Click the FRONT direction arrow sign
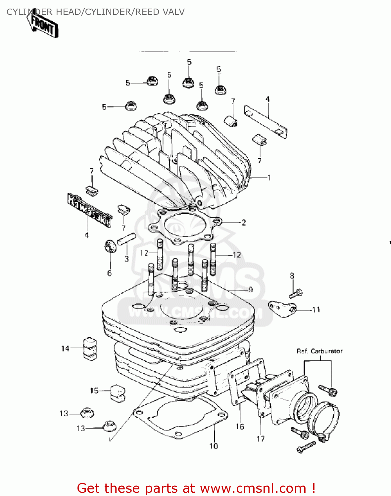[43, 25]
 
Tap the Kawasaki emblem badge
[89, 210]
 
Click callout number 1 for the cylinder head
[269, 178]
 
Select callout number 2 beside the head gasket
[244, 223]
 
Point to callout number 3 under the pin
[126, 259]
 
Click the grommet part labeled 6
[110, 246]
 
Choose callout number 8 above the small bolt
[292, 276]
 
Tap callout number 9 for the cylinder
[251, 290]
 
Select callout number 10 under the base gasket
[214, 446]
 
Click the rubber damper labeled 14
[89, 348]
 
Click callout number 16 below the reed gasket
[240, 427]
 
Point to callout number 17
[261, 439]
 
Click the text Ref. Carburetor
[319, 351]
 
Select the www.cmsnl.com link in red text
[253, 488]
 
